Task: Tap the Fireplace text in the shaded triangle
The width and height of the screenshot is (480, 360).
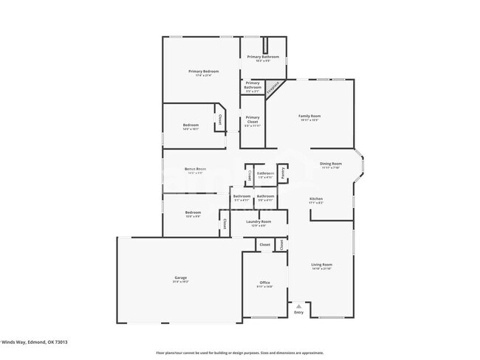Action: [x=272, y=88]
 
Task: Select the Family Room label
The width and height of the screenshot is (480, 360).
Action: [x=309, y=116]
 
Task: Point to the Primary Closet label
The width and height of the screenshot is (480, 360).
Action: [x=253, y=117]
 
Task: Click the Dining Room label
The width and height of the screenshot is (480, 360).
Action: [x=330, y=163]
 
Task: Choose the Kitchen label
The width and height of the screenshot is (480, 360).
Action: [x=316, y=198]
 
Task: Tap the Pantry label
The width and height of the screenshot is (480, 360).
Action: [x=282, y=174]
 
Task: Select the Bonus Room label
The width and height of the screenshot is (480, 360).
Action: [x=195, y=169]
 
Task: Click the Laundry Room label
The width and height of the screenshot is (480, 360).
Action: [x=258, y=221]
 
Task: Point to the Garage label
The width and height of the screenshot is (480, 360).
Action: [x=181, y=277]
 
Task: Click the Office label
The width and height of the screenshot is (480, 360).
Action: [x=264, y=283]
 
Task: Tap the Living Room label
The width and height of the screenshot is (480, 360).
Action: [x=321, y=264]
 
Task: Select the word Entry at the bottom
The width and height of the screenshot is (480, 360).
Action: [x=298, y=313]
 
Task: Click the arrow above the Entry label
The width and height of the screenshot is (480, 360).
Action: [x=298, y=305]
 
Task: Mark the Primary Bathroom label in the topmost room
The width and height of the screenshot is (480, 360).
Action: [x=263, y=57]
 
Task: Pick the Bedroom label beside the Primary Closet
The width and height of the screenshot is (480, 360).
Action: [x=191, y=125]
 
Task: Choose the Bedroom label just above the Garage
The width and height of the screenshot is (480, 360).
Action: [x=193, y=212]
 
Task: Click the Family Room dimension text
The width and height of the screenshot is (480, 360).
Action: [x=309, y=120]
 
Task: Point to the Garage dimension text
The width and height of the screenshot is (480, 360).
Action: [x=181, y=282]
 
